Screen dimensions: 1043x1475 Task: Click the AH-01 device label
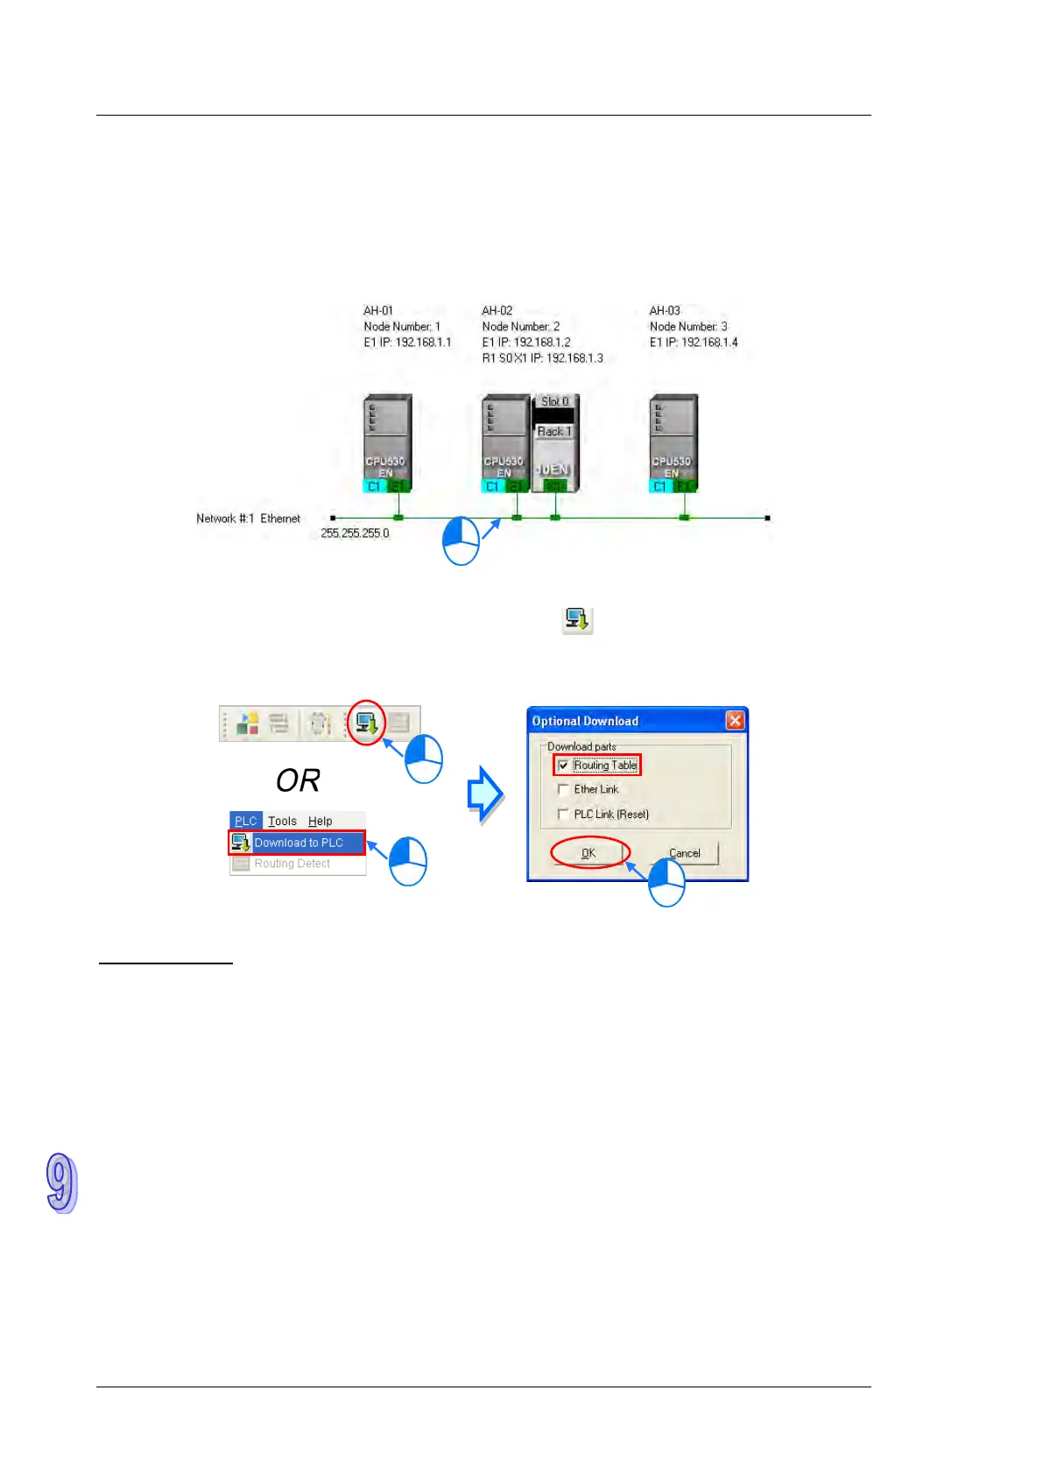(x=378, y=311)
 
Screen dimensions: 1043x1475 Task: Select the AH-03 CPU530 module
(x=673, y=443)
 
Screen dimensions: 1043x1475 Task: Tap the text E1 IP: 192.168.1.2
(x=525, y=342)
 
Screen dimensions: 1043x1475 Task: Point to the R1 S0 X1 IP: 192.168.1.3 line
(x=542, y=358)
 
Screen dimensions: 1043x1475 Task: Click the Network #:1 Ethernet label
(x=248, y=519)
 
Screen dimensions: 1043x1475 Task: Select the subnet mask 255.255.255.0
(x=355, y=533)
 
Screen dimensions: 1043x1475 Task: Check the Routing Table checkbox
(x=563, y=766)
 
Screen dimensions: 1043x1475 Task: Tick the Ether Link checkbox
(x=563, y=789)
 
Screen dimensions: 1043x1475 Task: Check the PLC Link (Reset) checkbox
(x=563, y=814)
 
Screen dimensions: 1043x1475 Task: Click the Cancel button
(x=684, y=853)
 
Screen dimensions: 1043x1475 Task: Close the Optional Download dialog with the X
(x=735, y=720)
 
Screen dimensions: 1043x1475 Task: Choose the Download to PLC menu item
(x=298, y=843)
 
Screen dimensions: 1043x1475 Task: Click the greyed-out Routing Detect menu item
(x=292, y=864)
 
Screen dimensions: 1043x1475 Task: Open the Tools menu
(x=282, y=821)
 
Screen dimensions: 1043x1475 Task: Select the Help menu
(x=320, y=821)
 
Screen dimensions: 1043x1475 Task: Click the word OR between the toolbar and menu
(x=298, y=780)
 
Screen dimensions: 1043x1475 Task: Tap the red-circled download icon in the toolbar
(x=366, y=723)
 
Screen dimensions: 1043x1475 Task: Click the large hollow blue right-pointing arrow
(x=485, y=794)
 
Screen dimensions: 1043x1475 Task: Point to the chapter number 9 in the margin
(x=61, y=1183)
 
